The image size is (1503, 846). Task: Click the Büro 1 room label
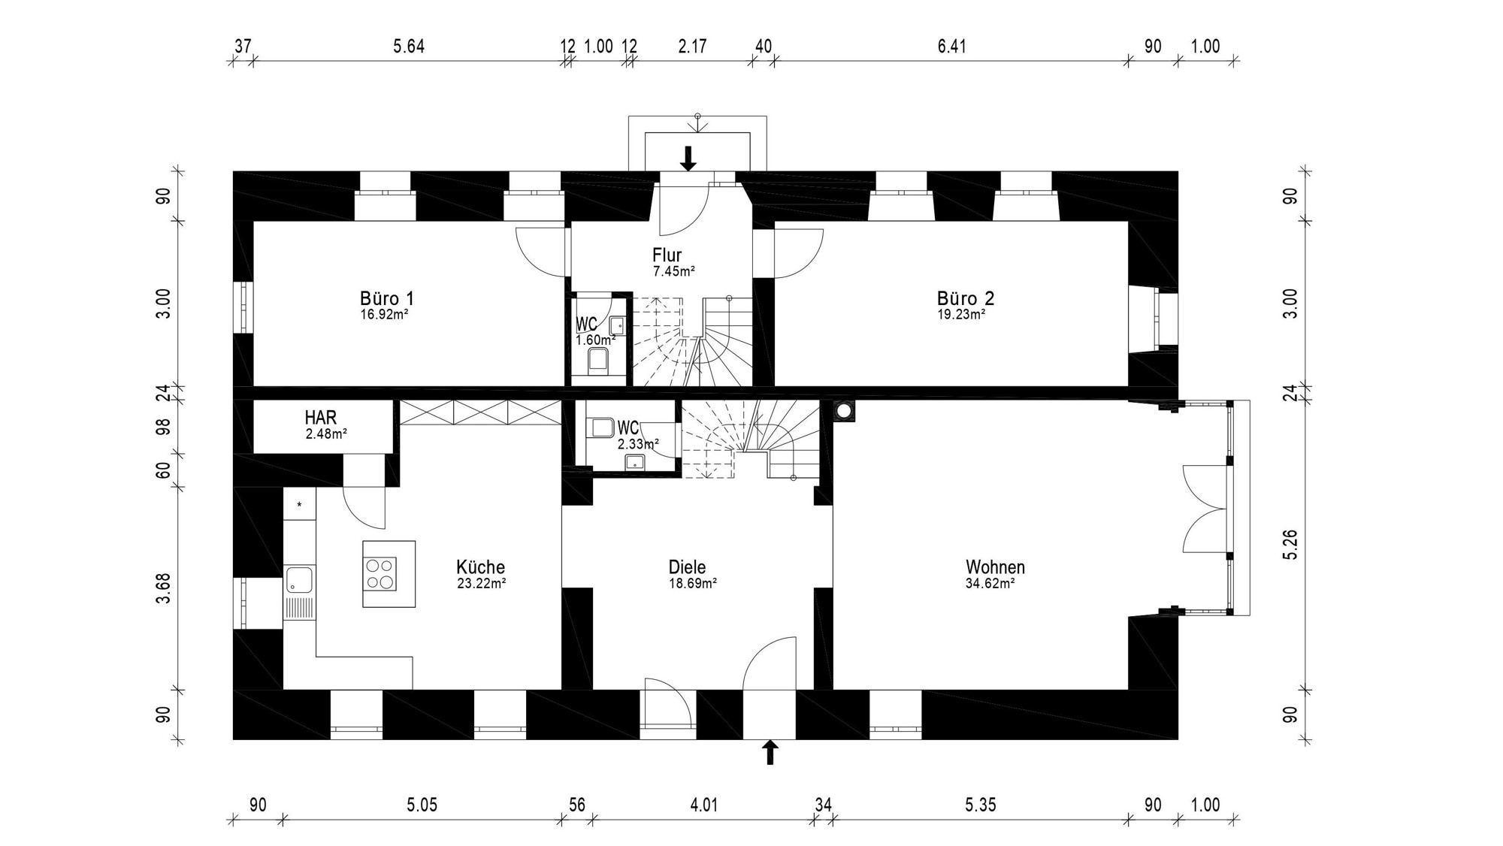point(387,298)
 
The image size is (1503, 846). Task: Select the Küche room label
point(480,567)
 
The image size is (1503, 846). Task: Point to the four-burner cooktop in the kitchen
point(380,574)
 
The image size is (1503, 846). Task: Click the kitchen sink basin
point(299,579)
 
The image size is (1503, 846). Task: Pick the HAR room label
point(321,417)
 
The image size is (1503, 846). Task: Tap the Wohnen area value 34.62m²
point(990,583)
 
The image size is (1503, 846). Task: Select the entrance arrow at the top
point(688,159)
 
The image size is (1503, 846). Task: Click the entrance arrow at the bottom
point(770,752)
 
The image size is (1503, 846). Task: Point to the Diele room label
point(687,567)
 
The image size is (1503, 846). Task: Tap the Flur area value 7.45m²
point(673,272)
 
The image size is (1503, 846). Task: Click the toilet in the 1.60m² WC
point(598,363)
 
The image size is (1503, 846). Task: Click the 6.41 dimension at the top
point(951,47)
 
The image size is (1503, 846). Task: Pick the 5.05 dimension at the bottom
point(422,805)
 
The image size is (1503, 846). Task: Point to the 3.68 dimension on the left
point(163,588)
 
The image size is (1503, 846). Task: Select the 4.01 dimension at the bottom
point(703,805)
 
